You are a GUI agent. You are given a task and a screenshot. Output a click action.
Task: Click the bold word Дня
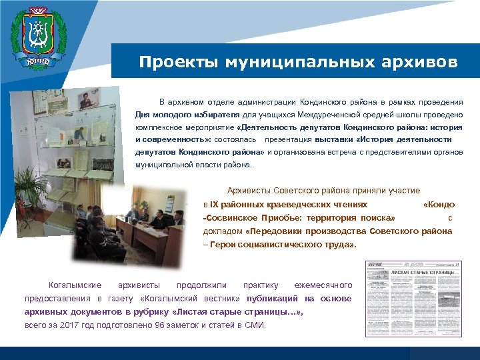pos(144,114)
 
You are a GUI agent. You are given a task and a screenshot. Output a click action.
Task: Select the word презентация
pos(288,139)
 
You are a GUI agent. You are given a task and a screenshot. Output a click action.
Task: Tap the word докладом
pos(223,231)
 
